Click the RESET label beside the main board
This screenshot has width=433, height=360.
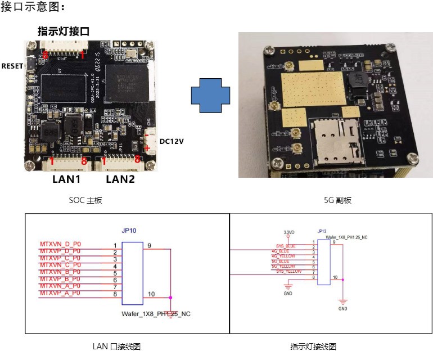pyautogui.click(x=12, y=66)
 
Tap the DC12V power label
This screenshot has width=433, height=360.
pyautogui.click(x=172, y=142)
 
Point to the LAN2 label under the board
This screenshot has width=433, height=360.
pyautogui.click(x=121, y=179)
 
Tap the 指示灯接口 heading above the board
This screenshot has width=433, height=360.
pyautogui.click(x=64, y=31)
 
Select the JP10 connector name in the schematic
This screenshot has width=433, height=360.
pyautogui.click(x=130, y=230)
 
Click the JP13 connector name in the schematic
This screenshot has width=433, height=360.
pyautogui.click(x=322, y=231)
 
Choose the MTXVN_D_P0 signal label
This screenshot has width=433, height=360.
pyautogui.click(x=61, y=244)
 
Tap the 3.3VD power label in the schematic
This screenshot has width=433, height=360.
pyautogui.click(x=288, y=232)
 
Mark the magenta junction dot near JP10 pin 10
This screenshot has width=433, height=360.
pyautogui.click(x=170, y=296)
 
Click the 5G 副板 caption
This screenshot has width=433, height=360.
pyautogui.click(x=337, y=200)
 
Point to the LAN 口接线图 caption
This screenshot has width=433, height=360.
pyautogui.click(x=116, y=346)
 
